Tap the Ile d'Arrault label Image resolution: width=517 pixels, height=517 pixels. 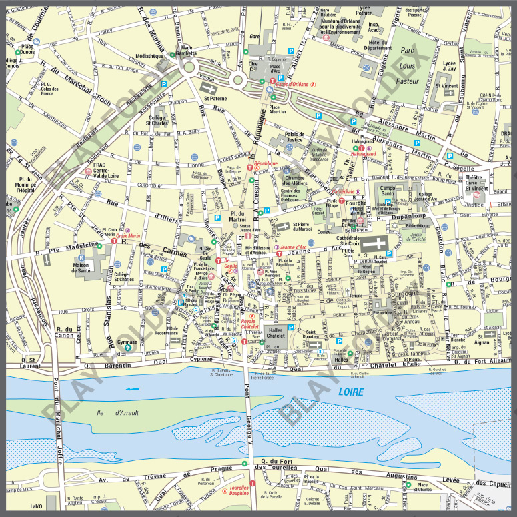tap(117, 413)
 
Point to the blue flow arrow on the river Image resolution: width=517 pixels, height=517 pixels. tap(133, 389)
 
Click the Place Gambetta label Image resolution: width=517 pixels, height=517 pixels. tap(187, 51)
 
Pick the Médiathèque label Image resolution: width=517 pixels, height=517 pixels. tap(149, 57)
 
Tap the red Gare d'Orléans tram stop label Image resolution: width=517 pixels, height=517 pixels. tap(292, 84)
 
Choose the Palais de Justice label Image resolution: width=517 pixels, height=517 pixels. tap(294, 137)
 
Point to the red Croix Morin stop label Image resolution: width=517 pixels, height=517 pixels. tap(128, 235)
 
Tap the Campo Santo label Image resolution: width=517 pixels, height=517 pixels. tap(388, 191)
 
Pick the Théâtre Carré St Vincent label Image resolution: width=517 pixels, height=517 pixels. tap(477, 183)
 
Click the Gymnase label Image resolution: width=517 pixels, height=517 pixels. tap(127, 342)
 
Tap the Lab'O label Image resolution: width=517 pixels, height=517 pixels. tap(37, 507)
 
